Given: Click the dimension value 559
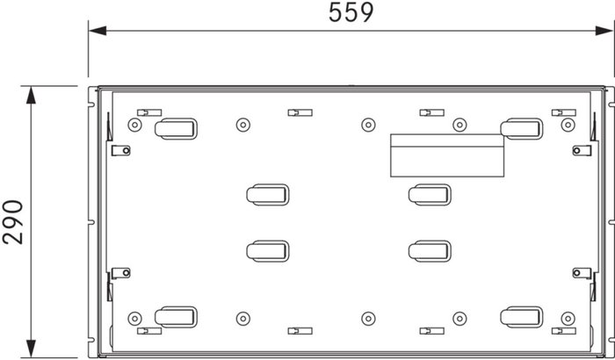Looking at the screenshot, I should coord(351,12).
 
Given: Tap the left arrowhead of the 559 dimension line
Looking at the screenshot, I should coord(96,32).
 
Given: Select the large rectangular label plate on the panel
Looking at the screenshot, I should coord(446,155).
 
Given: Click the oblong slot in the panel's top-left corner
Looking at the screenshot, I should coord(176,129).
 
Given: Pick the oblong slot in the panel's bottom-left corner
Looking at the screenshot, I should coord(176,317).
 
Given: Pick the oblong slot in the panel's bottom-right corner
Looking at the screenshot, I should coord(521,317).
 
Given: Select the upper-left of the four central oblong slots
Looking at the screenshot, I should coord(267,195).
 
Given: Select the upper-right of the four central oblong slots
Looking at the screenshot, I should coord(430,195).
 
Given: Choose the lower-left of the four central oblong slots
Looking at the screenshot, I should coord(267,251).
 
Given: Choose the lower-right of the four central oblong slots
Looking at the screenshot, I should coord(430,251).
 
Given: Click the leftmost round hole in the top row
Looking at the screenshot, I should coord(134,125).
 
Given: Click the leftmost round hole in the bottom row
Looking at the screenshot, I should coord(134,318).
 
